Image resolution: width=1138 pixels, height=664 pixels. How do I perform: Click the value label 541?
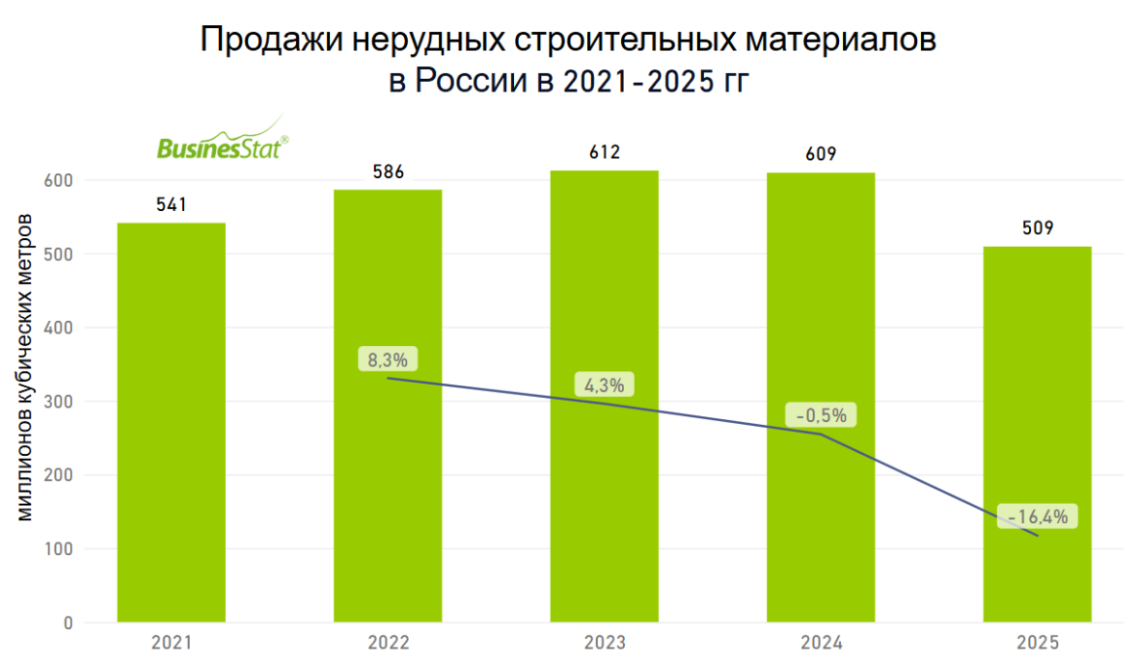172,204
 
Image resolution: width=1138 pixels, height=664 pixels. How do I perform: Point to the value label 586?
388,173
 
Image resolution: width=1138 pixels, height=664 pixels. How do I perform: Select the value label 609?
821,154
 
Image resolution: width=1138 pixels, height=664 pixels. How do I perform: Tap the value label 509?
1037,228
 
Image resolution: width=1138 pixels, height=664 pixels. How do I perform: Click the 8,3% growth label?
388,360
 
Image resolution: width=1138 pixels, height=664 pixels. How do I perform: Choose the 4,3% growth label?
605,385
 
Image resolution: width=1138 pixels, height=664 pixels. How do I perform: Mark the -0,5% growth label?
821,415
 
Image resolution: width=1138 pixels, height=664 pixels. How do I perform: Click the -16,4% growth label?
1037,517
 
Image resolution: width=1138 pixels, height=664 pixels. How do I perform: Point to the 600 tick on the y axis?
61,180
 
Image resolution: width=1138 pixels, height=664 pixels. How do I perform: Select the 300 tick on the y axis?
61,402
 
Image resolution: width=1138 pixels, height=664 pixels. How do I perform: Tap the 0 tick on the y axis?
68,624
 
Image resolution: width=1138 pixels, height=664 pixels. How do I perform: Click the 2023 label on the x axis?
605,643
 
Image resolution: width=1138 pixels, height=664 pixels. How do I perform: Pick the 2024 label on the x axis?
821,643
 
